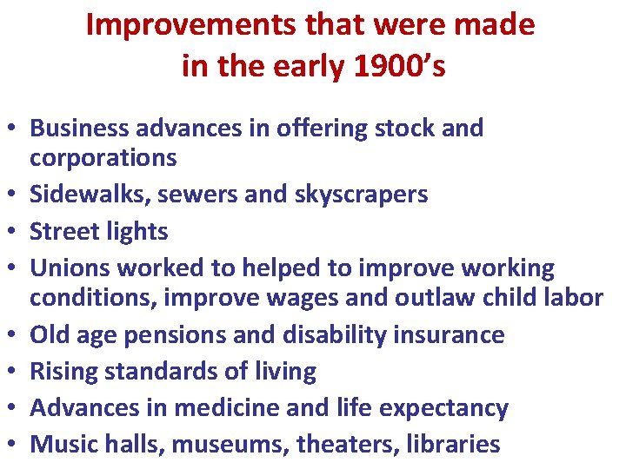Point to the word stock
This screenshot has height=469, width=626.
point(410,129)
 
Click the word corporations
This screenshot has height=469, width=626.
point(103,158)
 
